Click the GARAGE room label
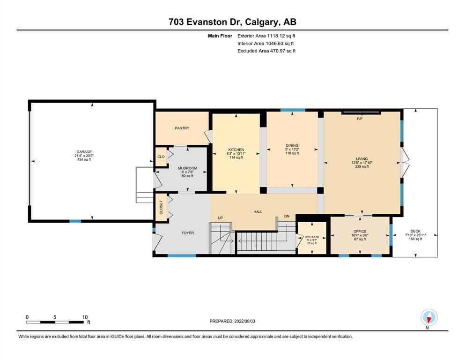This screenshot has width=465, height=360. [x=84, y=152]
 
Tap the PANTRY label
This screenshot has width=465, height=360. [x=182, y=128]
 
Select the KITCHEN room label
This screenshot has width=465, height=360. [x=236, y=150]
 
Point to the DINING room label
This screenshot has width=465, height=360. [x=292, y=145]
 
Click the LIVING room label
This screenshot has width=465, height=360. [x=362, y=159]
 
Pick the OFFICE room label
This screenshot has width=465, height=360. [x=360, y=232]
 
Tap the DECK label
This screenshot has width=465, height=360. [x=415, y=232]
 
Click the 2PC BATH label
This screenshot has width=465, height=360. [x=312, y=237]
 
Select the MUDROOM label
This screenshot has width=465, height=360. [x=187, y=168]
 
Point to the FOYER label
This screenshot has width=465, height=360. [x=188, y=233]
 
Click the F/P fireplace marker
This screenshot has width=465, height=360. [x=360, y=119]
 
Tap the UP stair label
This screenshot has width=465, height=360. [x=221, y=218]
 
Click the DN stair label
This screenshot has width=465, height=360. [x=287, y=217]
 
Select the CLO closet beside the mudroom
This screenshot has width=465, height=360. [x=161, y=157]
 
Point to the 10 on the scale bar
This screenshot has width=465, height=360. [x=85, y=317]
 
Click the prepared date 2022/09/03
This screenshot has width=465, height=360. [x=244, y=321]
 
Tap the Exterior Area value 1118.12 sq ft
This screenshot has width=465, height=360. [x=281, y=36]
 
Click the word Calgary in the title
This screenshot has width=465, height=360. [x=262, y=22]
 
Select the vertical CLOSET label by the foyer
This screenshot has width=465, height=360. [x=161, y=208]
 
